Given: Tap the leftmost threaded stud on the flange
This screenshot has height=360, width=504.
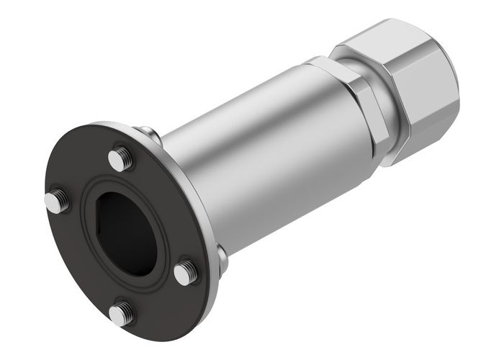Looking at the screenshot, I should pyautogui.click(x=57, y=202).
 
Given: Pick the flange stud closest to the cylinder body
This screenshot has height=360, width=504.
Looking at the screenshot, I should pyautogui.click(x=186, y=271).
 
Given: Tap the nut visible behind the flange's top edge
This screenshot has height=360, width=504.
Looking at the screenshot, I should pyautogui.click(x=148, y=133).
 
